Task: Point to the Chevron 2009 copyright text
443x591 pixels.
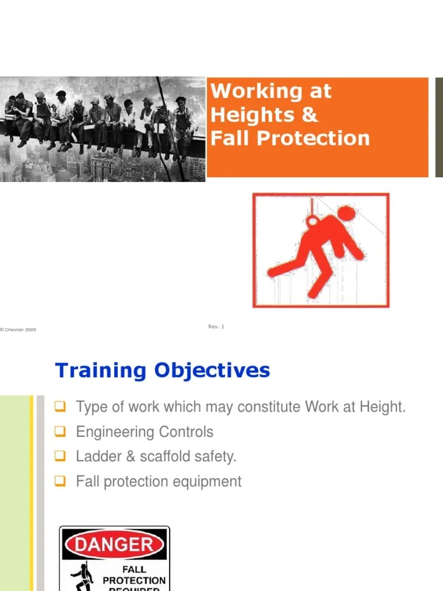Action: point(18,330)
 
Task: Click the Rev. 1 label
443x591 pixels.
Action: point(216,327)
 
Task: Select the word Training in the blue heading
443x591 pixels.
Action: point(100,371)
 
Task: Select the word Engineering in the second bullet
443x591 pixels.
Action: point(112,432)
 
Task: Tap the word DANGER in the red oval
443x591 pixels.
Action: point(115,544)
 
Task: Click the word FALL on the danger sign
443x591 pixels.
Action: point(133,568)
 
